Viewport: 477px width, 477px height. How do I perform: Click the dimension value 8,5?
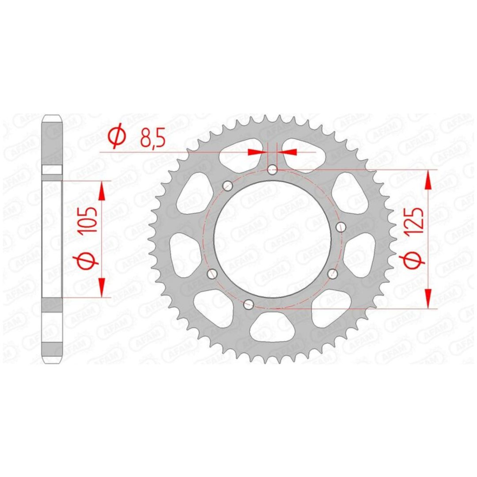(152, 139)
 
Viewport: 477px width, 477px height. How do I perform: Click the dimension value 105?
(89, 220)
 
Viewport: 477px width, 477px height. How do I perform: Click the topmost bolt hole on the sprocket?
(272, 170)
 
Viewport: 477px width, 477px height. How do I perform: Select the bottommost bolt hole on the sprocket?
(249, 303)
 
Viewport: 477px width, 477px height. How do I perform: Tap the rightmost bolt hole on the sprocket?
(341, 227)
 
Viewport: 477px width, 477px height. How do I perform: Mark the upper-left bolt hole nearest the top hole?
(227, 185)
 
